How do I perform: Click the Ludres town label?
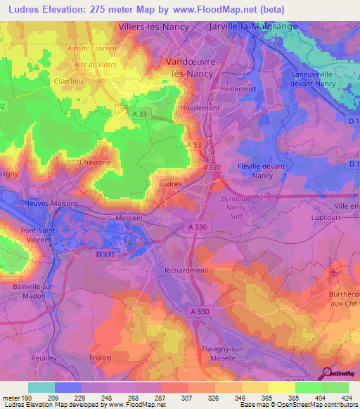(x=171, y=183)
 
